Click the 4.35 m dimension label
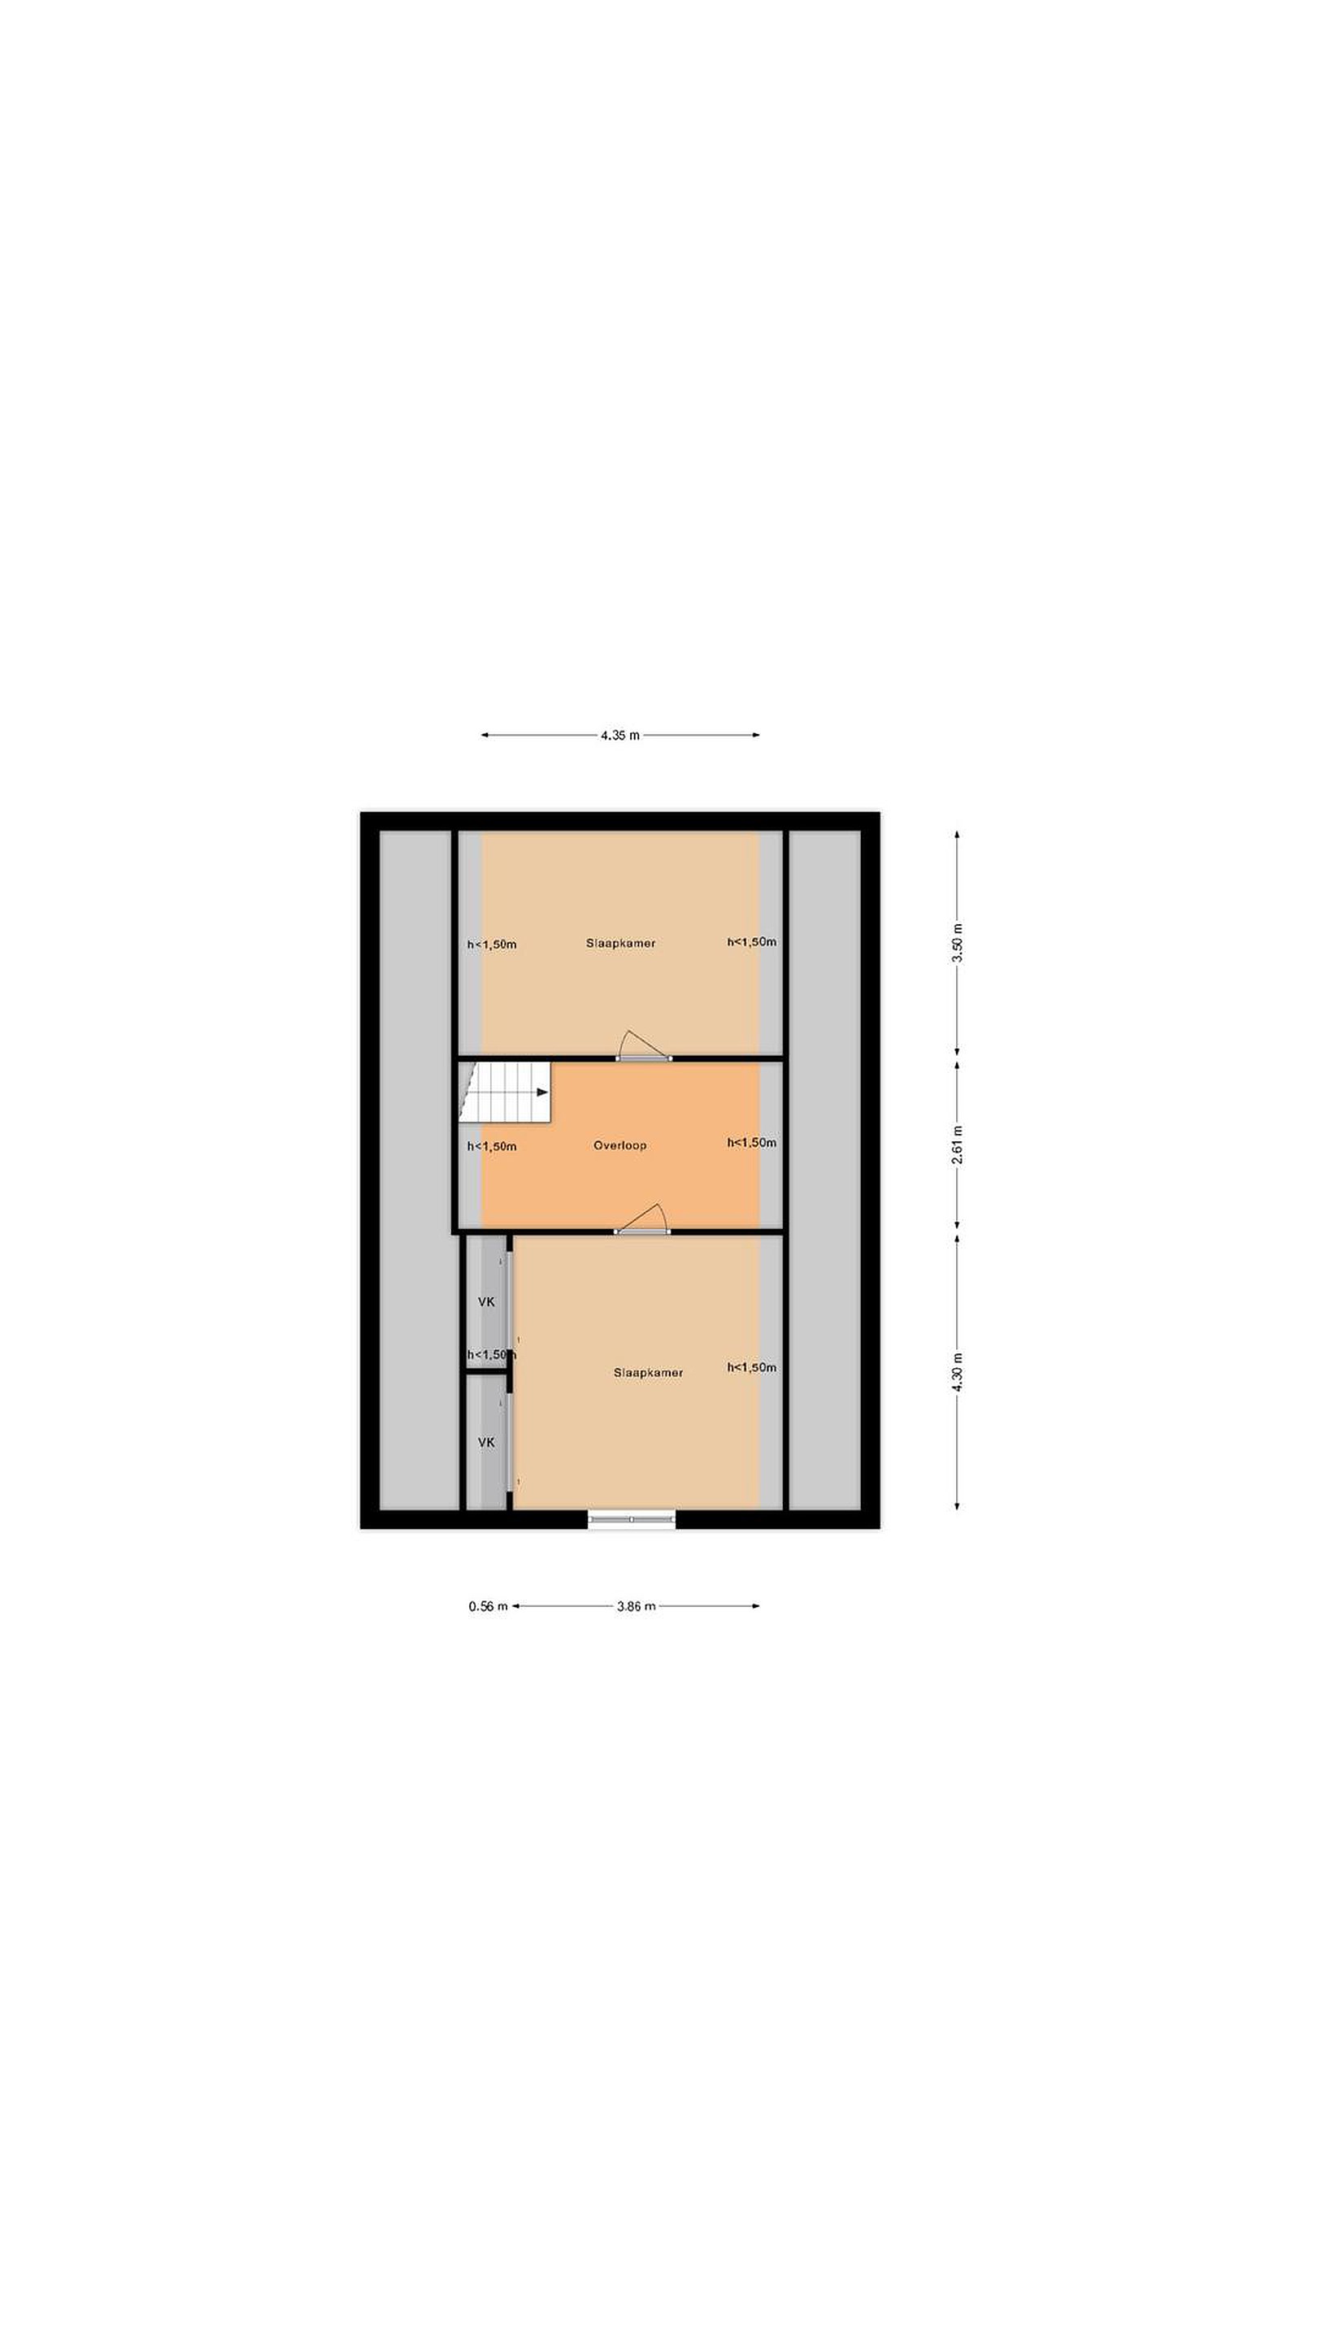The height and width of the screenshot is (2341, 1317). (x=619, y=735)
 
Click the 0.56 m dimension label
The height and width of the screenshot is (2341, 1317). (x=488, y=1606)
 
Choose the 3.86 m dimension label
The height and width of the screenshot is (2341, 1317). (x=635, y=1606)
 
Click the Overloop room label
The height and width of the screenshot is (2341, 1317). (x=619, y=1145)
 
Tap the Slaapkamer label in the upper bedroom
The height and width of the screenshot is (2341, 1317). (x=621, y=943)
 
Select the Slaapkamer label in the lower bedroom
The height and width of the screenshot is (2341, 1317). (x=648, y=1372)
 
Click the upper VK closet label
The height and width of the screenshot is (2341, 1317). (x=486, y=1302)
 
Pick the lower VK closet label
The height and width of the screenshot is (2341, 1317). (x=486, y=1442)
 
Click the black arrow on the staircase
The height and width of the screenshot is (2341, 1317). (x=542, y=1092)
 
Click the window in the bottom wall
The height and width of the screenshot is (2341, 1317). (x=632, y=1518)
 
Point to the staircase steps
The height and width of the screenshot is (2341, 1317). (x=506, y=1092)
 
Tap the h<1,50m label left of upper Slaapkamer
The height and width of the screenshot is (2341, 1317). (x=492, y=945)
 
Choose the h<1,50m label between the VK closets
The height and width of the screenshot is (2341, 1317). (x=492, y=1355)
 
